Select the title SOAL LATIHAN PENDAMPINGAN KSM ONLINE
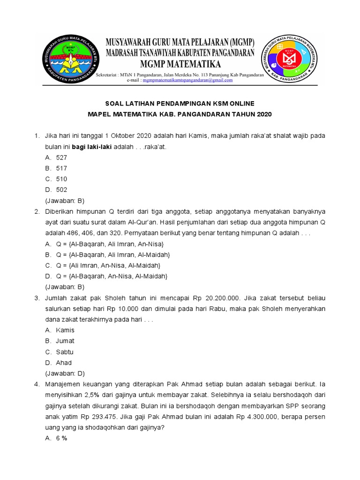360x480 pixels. (180, 103)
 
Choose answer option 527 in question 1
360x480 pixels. (61, 157)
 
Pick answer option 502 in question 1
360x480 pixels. (61, 190)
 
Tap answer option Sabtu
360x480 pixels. (65, 352)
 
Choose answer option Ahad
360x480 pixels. (64, 363)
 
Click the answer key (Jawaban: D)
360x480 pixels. (64, 374)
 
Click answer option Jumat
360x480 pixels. (65, 341)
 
